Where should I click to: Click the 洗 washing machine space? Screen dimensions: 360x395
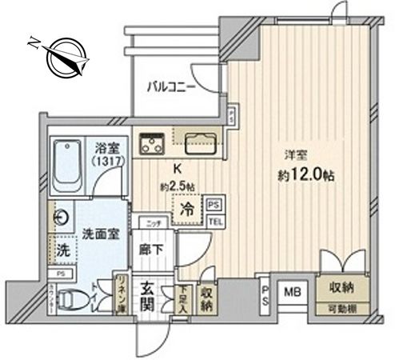(x=62, y=249)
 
